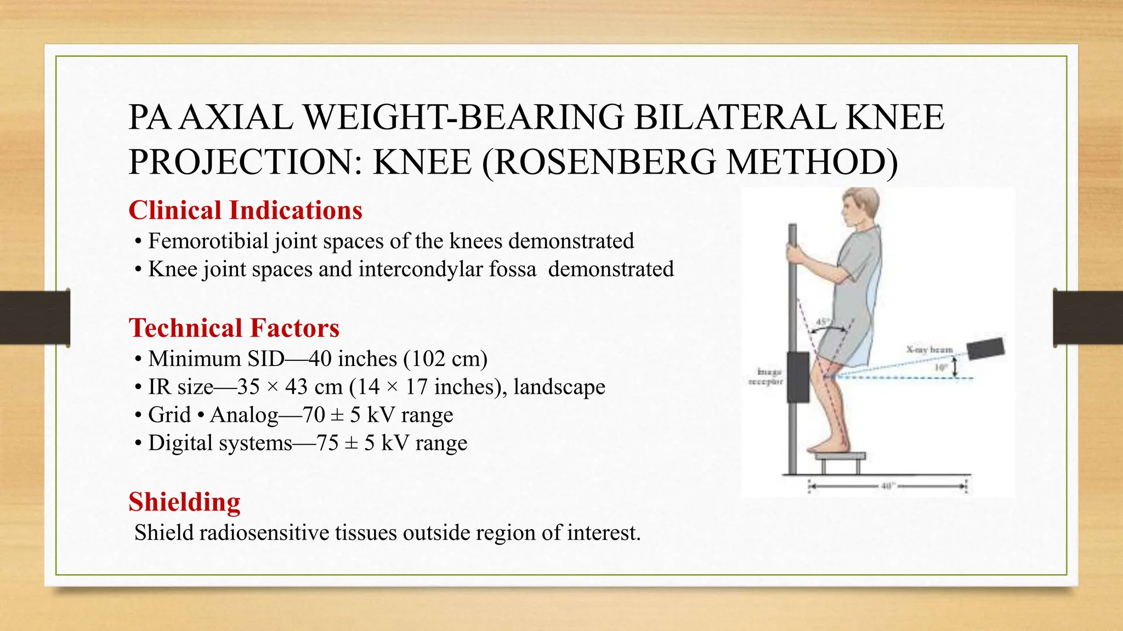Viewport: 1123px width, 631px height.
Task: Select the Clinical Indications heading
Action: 245,210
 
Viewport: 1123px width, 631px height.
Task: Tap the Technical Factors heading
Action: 234,328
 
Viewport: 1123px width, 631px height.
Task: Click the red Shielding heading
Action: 184,502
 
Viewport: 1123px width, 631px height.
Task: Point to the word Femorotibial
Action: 208,241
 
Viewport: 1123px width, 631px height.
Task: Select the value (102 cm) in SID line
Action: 445,359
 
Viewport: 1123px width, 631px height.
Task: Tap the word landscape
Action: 559,387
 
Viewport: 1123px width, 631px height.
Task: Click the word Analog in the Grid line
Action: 244,415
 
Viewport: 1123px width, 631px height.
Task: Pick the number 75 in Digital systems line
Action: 327,443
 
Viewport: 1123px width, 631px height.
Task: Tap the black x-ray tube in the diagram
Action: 985,348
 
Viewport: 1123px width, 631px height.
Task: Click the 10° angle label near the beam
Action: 941,368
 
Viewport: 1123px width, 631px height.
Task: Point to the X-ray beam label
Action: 929,349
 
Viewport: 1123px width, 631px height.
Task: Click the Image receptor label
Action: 766,377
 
